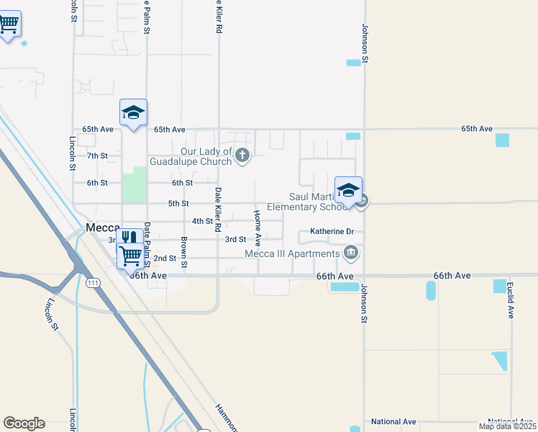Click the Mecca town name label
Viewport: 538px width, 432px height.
click(x=102, y=228)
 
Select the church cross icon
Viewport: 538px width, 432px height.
click(x=242, y=154)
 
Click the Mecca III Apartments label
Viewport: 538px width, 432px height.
click(x=292, y=253)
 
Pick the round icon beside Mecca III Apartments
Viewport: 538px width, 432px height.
click(x=351, y=253)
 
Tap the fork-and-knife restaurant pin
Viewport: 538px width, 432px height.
click(x=129, y=238)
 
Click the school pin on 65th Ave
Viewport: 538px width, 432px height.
click(x=133, y=112)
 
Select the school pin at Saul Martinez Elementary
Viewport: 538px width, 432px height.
click(x=348, y=191)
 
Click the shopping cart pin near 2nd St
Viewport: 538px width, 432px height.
click(x=130, y=255)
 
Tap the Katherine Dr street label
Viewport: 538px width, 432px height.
click(x=332, y=232)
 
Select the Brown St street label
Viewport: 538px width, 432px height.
click(x=184, y=253)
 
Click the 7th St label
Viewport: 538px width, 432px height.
click(x=97, y=156)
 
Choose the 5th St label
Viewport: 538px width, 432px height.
click(x=178, y=204)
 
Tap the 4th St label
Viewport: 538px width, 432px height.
click(x=202, y=221)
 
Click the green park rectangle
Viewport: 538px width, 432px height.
click(x=134, y=184)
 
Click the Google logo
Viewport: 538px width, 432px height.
click(x=24, y=423)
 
